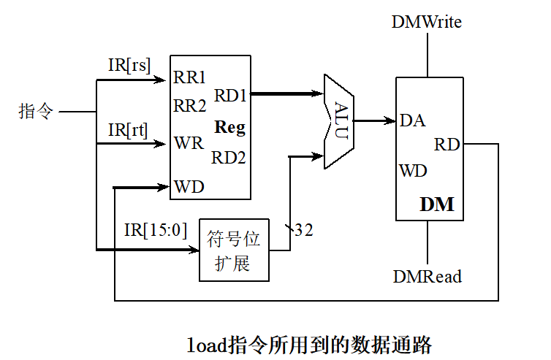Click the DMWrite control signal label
(426, 22)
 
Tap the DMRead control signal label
(427, 277)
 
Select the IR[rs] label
(129, 65)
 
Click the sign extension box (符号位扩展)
(234, 250)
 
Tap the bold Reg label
(229, 128)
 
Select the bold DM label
(436, 205)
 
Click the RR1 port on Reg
(190, 77)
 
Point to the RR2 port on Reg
(190, 106)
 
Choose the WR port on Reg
(189, 142)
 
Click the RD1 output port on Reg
(230, 94)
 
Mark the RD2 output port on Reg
(229, 157)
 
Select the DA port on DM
(413, 121)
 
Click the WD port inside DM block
(414, 172)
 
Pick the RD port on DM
(446, 145)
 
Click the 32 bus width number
(303, 231)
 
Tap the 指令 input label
(36, 112)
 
